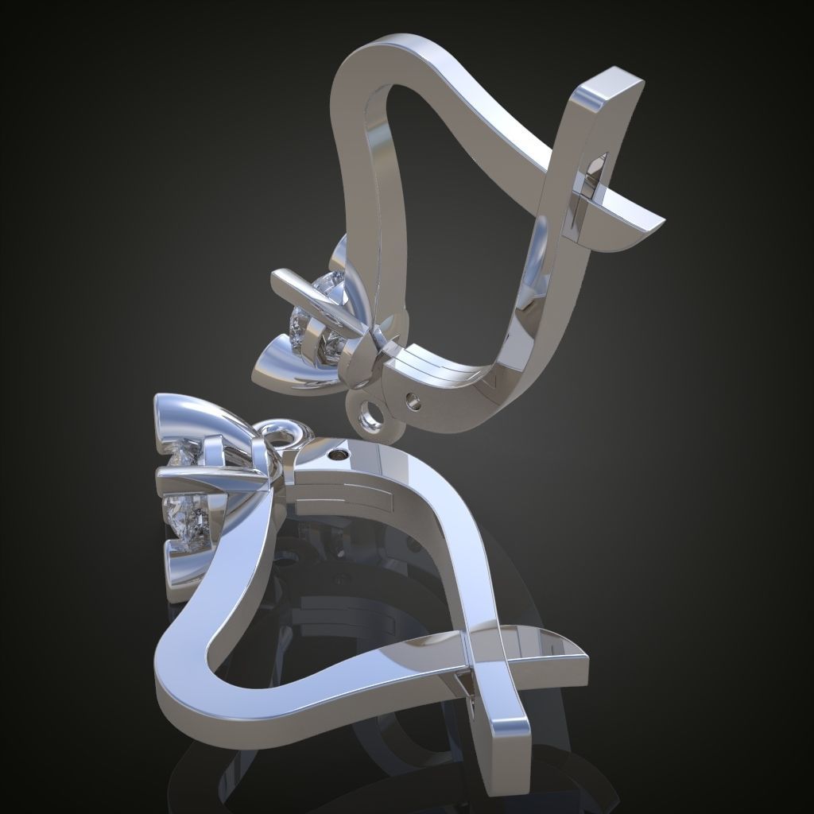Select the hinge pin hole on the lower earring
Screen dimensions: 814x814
pyautogui.click(x=339, y=455)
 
